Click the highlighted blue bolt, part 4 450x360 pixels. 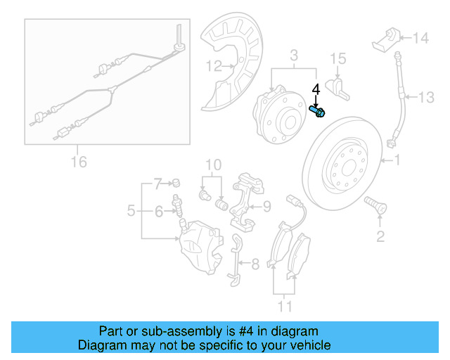tap(317, 110)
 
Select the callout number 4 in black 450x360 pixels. tap(316, 89)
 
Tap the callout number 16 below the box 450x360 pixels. tap(79, 162)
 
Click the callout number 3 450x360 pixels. tap(295, 55)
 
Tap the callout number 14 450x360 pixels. tap(420, 38)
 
